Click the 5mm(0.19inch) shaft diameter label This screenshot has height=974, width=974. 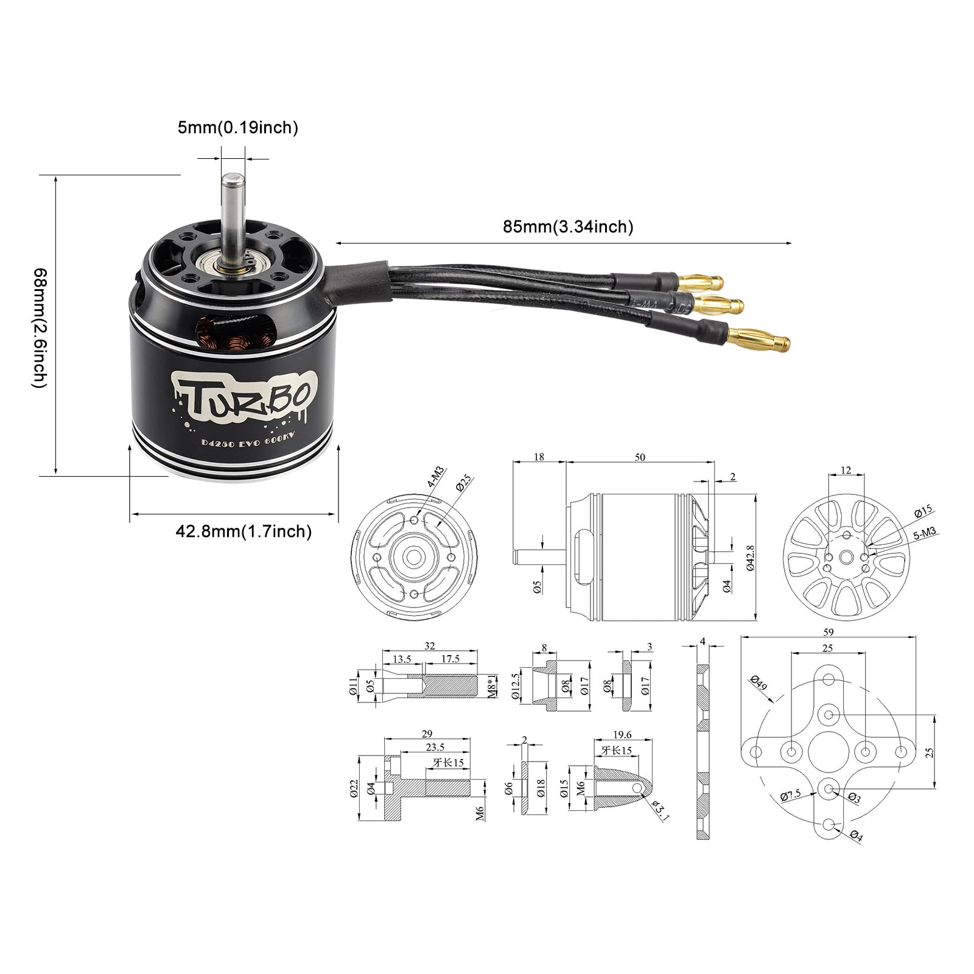click(237, 128)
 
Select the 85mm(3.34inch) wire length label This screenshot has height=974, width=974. click(568, 227)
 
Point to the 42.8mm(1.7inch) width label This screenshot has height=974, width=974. click(243, 531)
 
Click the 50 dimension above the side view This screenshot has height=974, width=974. click(640, 457)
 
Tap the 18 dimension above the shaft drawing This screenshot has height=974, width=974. click(539, 457)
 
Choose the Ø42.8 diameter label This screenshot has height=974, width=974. click(751, 557)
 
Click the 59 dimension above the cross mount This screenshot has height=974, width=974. click(828, 632)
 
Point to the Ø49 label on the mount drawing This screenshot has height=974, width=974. click(759, 683)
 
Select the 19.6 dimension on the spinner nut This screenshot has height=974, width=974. click(622, 735)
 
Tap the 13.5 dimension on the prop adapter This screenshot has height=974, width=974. click(402, 659)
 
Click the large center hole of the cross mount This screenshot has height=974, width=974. click(828, 752)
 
